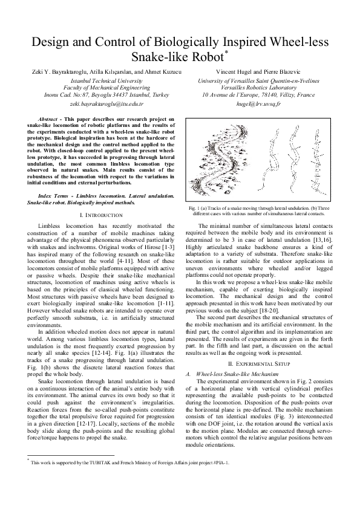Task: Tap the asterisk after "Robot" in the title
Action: pos(226,53)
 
